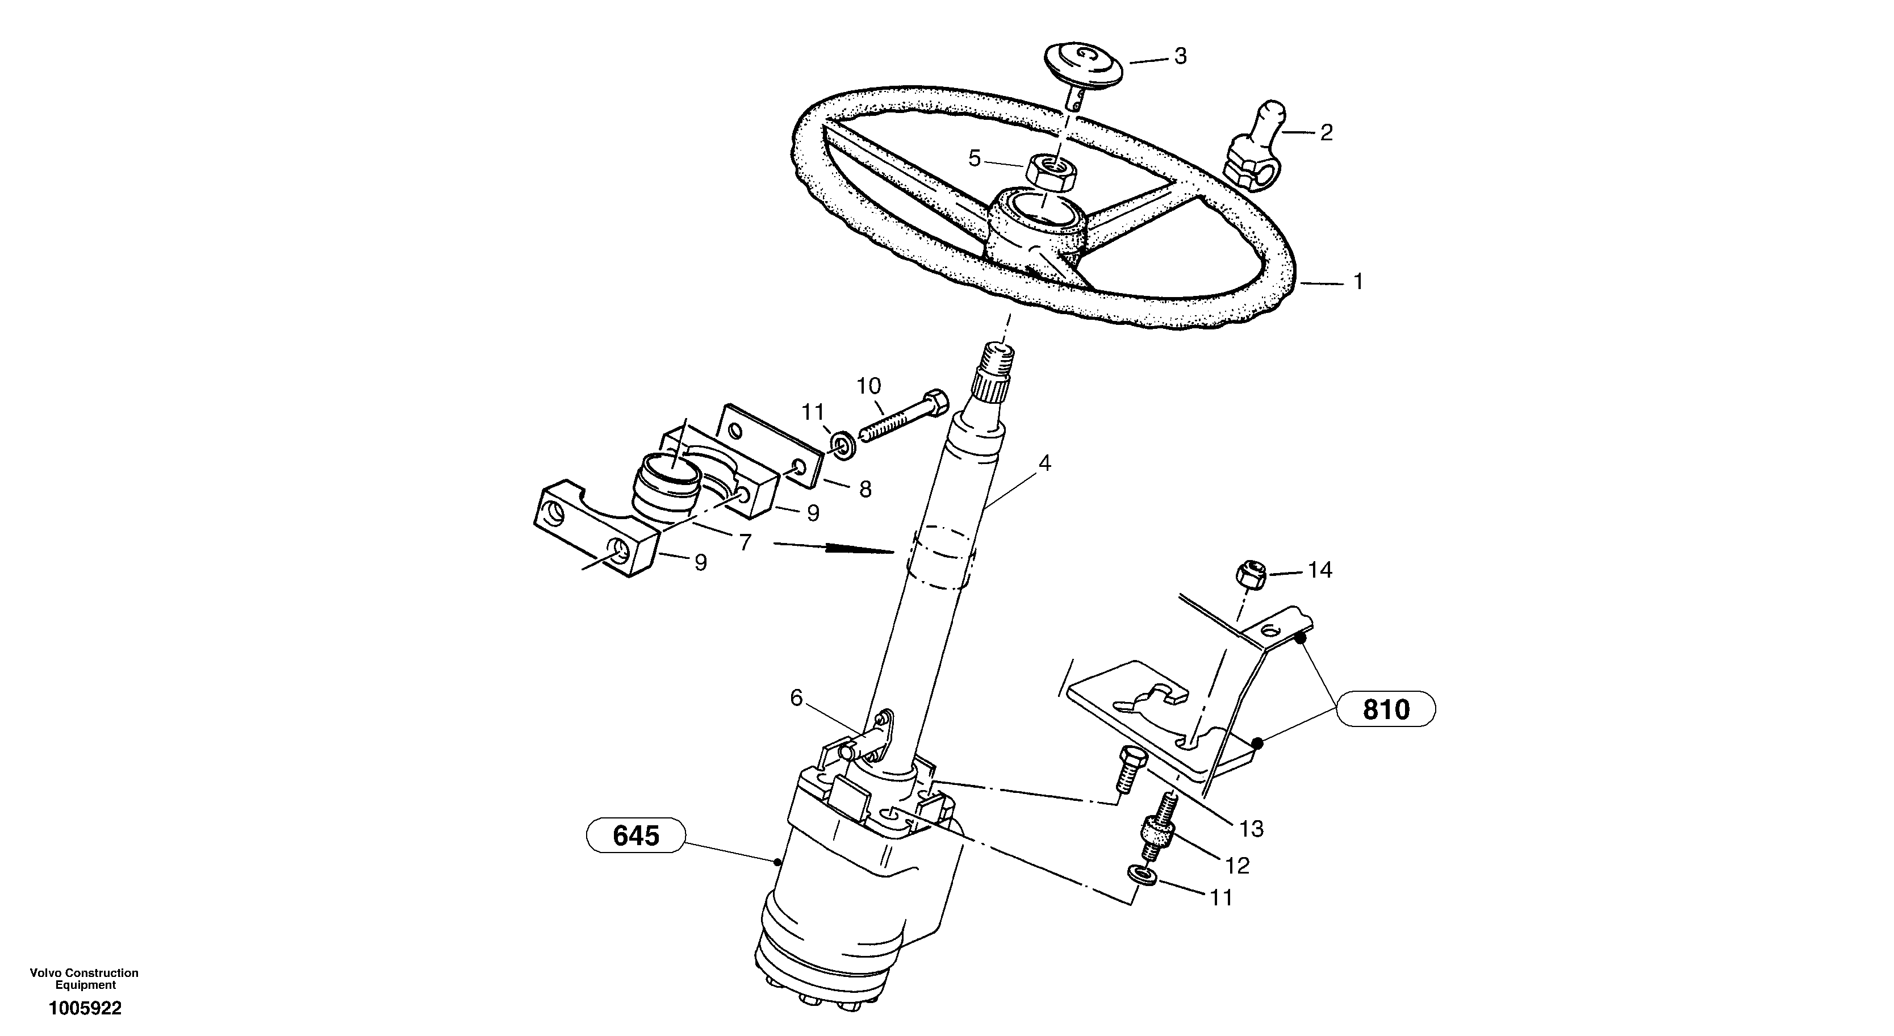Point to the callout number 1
point(1358,282)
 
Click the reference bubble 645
point(636,836)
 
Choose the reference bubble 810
point(1386,709)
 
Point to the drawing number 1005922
point(85,1008)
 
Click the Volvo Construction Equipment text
point(84,979)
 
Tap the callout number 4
point(1044,463)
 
